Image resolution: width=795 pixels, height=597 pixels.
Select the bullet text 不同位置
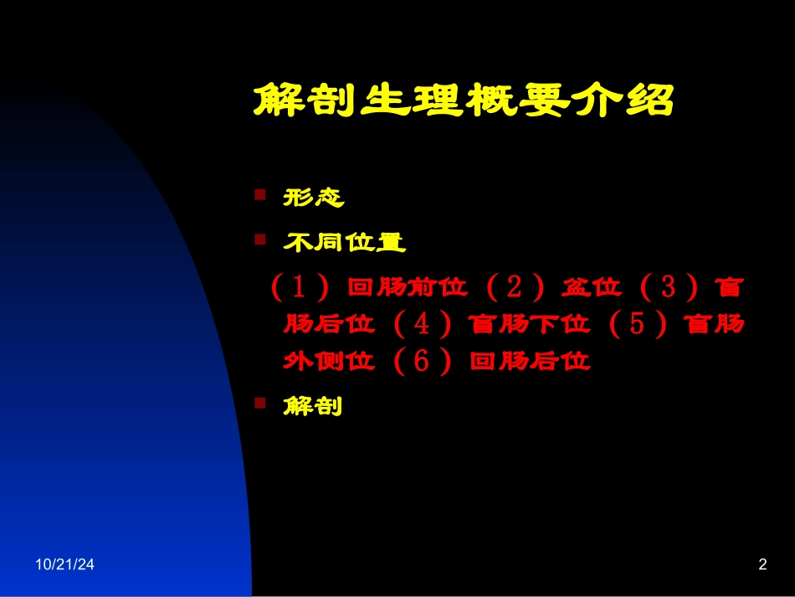345,243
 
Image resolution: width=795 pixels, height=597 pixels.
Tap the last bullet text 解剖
313,407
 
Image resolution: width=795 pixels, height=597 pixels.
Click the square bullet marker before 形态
260,195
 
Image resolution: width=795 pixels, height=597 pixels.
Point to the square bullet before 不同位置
260,240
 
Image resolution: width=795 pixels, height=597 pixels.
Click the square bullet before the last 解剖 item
260,404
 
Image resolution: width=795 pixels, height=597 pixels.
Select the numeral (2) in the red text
515,288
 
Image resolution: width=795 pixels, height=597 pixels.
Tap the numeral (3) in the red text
668,288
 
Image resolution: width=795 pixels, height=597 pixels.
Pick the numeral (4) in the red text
422,324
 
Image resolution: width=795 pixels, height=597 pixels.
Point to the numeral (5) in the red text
638,324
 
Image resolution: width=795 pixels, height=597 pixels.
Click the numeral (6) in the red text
422,362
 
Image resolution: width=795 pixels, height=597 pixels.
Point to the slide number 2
762,565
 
